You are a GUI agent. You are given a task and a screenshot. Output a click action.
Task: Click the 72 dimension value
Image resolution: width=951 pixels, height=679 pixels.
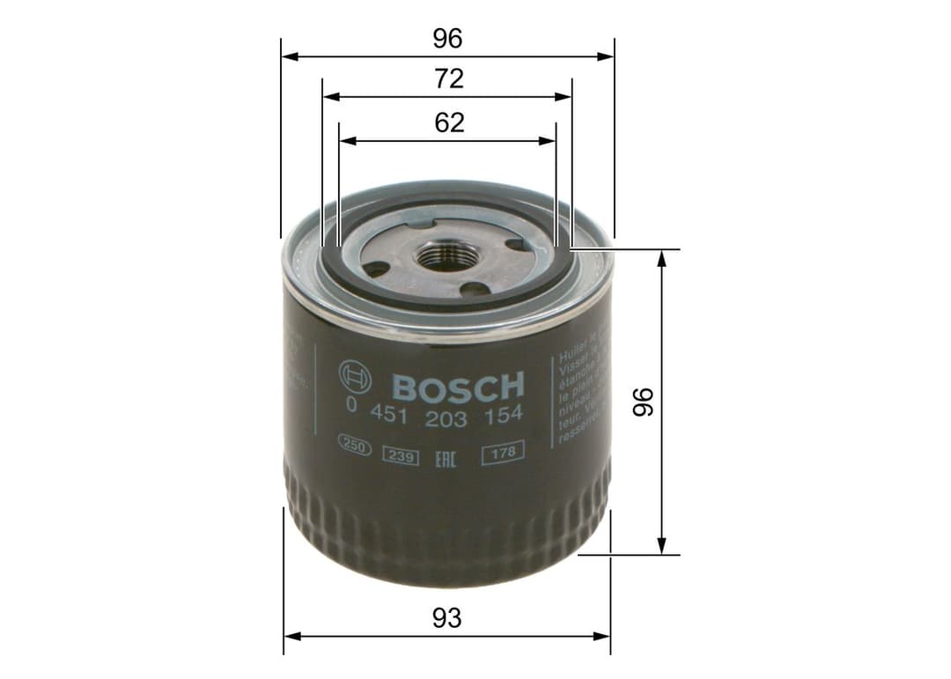(x=448, y=79)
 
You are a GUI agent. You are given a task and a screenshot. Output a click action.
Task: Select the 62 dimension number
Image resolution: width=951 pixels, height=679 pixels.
(x=449, y=122)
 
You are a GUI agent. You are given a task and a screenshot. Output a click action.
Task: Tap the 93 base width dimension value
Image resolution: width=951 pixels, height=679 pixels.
(x=447, y=618)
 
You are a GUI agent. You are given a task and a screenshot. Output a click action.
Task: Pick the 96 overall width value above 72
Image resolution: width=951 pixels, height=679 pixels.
(x=447, y=39)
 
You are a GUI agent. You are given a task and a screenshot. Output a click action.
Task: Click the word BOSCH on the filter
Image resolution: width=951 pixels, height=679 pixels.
(x=457, y=386)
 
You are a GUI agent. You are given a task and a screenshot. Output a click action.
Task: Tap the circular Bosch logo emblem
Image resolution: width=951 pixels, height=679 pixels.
(x=354, y=380)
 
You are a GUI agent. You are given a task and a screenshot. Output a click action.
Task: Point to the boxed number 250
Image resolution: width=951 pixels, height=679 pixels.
(x=354, y=448)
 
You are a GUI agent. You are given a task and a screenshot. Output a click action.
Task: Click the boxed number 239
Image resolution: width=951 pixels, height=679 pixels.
(x=400, y=455)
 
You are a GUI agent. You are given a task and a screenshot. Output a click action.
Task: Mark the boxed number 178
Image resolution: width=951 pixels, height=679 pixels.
(x=503, y=453)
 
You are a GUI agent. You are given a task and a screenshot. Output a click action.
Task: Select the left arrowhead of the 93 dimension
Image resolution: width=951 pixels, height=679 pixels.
(x=291, y=636)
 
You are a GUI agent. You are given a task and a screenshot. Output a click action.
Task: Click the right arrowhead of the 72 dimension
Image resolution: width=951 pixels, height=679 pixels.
(x=565, y=98)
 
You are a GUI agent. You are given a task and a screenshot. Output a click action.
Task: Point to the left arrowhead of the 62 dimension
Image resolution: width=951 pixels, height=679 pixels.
(x=346, y=140)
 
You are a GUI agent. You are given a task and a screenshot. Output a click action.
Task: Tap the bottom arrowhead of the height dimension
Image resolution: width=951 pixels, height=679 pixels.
(x=661, y=548)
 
